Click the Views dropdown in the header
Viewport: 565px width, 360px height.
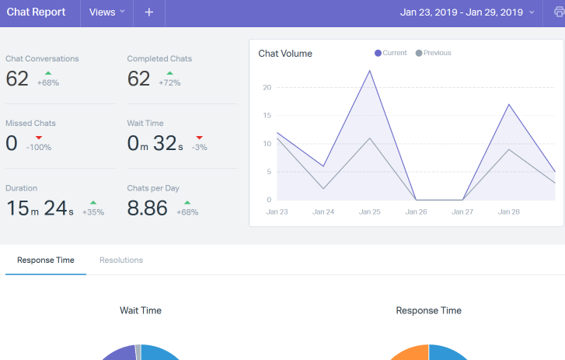[106, 12]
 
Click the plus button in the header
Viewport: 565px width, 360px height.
[149, 12]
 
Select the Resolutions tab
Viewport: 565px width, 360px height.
[121, 260]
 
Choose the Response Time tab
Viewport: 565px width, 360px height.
[46, 260]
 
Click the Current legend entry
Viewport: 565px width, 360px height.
[391, 53]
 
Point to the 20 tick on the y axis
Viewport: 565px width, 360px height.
[267, 87]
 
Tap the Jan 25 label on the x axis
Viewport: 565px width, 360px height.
[370, 211]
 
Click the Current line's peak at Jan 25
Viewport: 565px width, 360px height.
[370, 71]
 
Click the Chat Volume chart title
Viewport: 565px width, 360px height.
[285, 54]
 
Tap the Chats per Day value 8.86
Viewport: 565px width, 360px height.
[148, 208]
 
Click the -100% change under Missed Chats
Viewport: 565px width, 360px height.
[39, 147]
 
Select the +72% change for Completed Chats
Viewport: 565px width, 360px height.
[169, 82]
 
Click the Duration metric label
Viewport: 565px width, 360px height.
[21, 188]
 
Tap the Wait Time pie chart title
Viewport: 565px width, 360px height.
[141, 310]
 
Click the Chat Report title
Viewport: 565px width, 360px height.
[36, 12]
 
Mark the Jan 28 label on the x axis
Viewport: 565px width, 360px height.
[509, 211]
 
